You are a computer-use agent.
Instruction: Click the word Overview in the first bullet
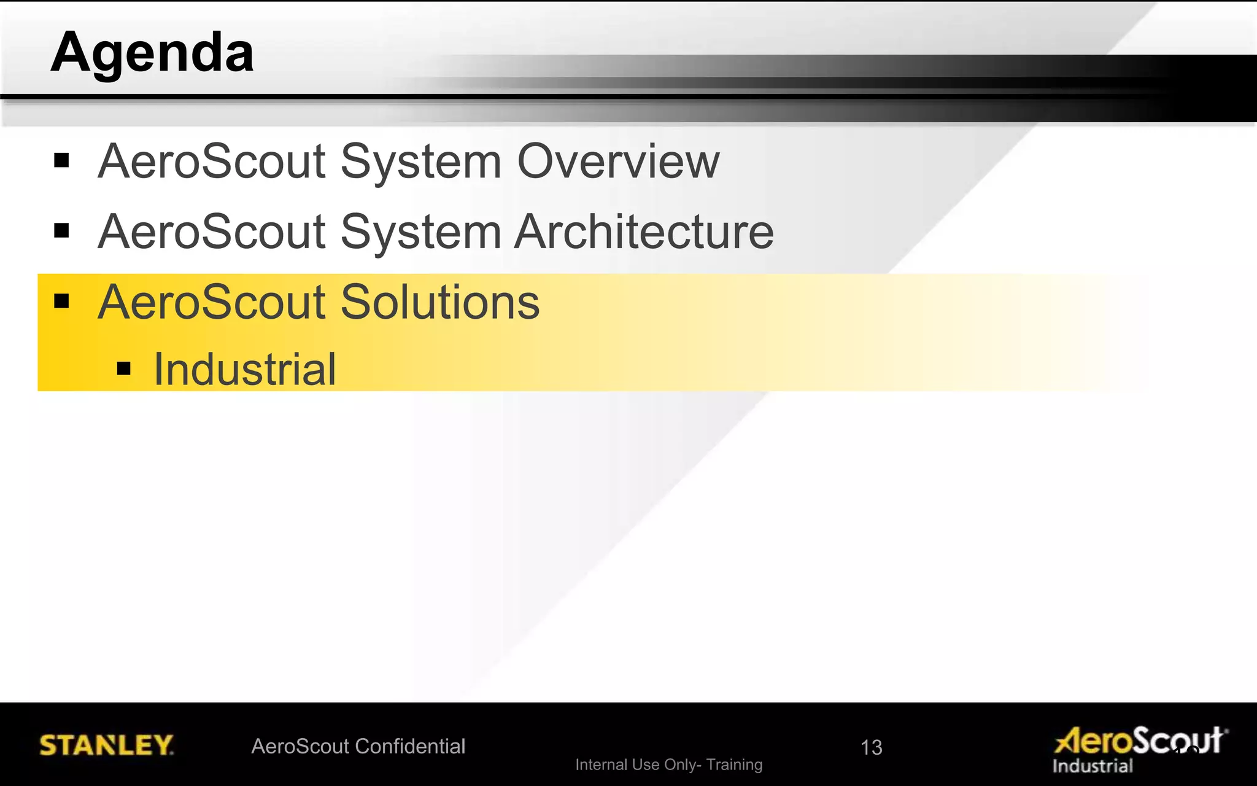tap(618, 161)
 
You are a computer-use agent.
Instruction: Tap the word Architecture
tap(644, 232)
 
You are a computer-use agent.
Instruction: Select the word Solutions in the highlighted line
tap(440, 302)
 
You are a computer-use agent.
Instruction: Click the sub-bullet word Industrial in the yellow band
tap(244, 370)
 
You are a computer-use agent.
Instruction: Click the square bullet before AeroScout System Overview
tap(61, 161)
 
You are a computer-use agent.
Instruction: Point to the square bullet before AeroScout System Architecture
tap(61, 231)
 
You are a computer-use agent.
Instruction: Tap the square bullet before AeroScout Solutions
tap(61, 302)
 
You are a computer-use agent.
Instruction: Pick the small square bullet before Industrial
tap(124, 368)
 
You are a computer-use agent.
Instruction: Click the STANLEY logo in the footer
tap(107, 745)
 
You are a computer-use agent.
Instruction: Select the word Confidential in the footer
tap(410, 746)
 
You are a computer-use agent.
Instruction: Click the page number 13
tap(871, 747)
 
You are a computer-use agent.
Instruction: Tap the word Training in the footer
tap(734, 765)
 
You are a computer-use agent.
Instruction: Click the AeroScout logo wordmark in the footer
tap(1140, 740)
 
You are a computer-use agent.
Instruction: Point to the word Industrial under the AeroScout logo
tap(1093, 766)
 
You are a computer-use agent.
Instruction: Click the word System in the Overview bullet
tap(421, 161)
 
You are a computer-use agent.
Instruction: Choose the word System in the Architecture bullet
tap(421, 232)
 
